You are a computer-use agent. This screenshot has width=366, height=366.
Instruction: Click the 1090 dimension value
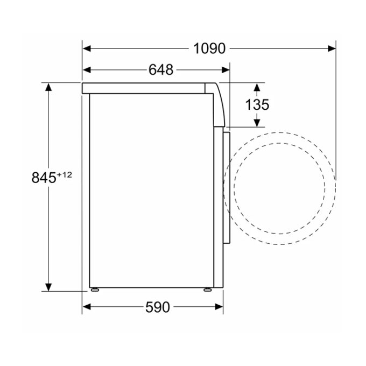point(209,48)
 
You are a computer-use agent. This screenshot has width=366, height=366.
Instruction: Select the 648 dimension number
point(161,69)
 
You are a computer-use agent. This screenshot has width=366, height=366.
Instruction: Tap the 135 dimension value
point(257,104)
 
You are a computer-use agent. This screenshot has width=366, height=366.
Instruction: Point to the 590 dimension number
point(158,307)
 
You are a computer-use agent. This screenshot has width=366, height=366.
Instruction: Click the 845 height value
point(44,178)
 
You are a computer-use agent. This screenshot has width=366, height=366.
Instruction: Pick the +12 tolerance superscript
point(65,174)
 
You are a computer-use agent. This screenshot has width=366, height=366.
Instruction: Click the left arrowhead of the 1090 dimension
point(87,48)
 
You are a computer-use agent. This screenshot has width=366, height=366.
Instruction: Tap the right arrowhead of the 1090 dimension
point(332,48)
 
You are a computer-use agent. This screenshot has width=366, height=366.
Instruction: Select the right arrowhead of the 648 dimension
point(226,70)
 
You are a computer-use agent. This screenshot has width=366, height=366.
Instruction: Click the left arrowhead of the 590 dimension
point(87,307)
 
